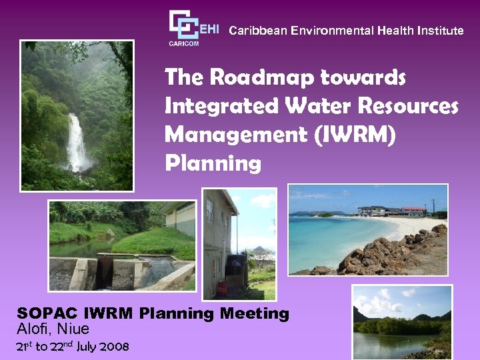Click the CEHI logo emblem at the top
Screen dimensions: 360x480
click(x=185, y=25)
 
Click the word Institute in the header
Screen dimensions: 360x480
click(x=439, y=31)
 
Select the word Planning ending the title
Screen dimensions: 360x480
click(x=213, y=163)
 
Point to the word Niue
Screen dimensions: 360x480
click(x=73, y=329)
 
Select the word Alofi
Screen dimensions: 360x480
click(x=34, y=329)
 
